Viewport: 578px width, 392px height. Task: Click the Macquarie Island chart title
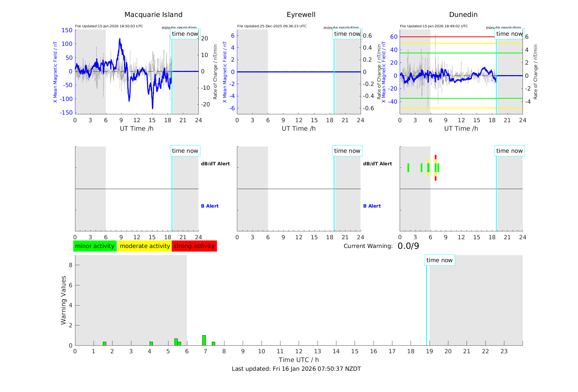(x=153, y=15)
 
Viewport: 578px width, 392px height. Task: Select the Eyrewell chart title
(x=301, y=15)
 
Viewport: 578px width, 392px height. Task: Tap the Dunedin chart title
(x=463, y=15)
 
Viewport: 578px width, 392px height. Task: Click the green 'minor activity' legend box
(x=95, y=246)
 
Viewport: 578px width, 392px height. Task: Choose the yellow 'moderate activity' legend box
(x=145, y=246)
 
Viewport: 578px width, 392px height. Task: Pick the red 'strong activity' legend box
(x=194, y=246)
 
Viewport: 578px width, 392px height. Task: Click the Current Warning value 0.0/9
(x=408, y=246)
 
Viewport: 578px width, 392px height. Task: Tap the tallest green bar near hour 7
(x=204, y=340)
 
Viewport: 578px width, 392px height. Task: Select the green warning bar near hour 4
(x=151, y=343)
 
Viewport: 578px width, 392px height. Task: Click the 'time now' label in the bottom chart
(x=439, y=260)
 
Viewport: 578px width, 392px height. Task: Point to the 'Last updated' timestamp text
(x=296, y=369)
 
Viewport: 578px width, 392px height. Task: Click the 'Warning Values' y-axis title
(x=63, y=300)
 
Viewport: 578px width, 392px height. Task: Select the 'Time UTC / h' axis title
(x=299, y=360)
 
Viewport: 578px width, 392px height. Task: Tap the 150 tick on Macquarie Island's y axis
(x=67, y=30)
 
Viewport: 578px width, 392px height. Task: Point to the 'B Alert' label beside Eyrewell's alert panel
(x=372, y=206)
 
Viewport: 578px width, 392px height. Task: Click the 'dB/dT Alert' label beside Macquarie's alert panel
(x=215, y=164)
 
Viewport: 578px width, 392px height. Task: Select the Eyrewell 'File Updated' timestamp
(x=272, y=26)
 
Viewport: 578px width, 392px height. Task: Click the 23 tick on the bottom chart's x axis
(x=504, y=351)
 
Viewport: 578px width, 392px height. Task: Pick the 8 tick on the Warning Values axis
(x=70, y=265)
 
